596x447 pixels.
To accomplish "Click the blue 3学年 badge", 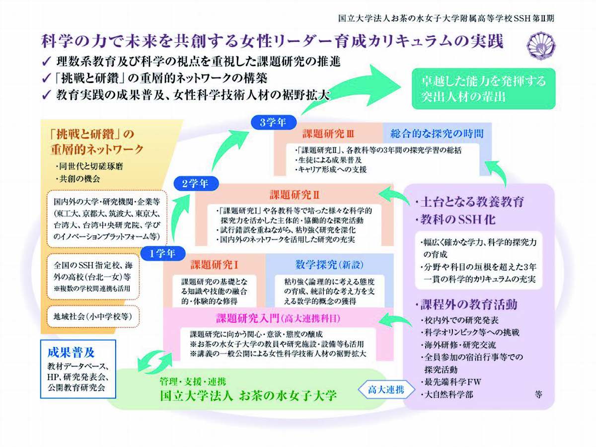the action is tap(274, 122).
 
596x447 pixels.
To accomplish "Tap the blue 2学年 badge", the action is tap(196, 183).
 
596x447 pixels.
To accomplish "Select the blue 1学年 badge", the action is tap(163, 253).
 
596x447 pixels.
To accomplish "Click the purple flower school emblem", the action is tap(541, 45).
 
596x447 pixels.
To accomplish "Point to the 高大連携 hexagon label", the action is tap(386, 390).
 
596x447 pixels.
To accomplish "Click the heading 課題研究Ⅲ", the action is tap(328, 134).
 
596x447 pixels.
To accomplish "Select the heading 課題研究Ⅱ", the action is tap(295, 195).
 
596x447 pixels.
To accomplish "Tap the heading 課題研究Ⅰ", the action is tap(214, 265).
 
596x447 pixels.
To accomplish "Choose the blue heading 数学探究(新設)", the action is tap(329, 265).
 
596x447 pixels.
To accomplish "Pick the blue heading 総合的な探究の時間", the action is tap(437, 133).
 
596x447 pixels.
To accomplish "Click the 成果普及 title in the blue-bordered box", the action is tap(71, 353).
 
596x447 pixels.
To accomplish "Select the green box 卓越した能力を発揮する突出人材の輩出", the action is tap(484, 89).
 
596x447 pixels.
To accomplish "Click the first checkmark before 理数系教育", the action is tap(47, 61).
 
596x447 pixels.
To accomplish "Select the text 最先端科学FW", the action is tap(453, 382).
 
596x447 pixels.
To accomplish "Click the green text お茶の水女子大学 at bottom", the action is tap(288, 396).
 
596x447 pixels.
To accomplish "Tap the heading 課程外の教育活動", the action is tap(469, 304).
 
